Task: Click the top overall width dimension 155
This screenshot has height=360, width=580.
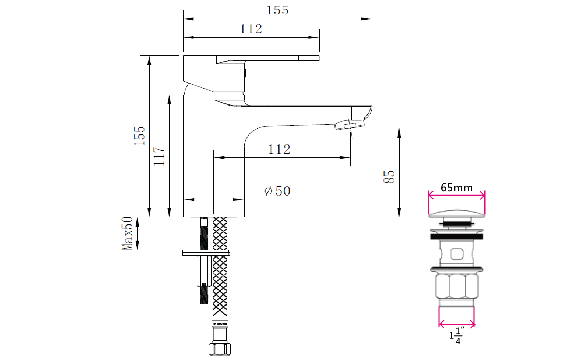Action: (277, 10)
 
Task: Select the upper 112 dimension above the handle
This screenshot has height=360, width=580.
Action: (251, 29)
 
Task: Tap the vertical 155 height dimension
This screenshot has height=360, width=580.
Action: (140, 136)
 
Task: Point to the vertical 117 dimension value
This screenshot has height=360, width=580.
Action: (159, 156)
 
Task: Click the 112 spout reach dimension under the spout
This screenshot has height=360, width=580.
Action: (279, 149)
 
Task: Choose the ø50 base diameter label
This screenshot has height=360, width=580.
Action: (278, 191)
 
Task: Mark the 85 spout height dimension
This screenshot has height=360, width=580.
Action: (389, 177)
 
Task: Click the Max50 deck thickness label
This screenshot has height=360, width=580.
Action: (127, 233)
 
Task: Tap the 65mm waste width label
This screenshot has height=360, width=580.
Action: (457, 188)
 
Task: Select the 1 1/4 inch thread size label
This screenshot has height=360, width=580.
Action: (457, 336)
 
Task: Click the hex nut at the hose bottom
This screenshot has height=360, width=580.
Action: (220, 349)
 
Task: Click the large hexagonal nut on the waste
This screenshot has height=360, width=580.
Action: (457, 286)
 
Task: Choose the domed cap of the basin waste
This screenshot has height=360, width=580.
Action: (457, 213)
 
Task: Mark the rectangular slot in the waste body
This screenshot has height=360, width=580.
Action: (457, 254)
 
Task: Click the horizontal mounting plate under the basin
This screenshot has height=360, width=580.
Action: (206, 253)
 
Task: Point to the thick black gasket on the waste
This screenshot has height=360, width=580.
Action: (457, 236)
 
